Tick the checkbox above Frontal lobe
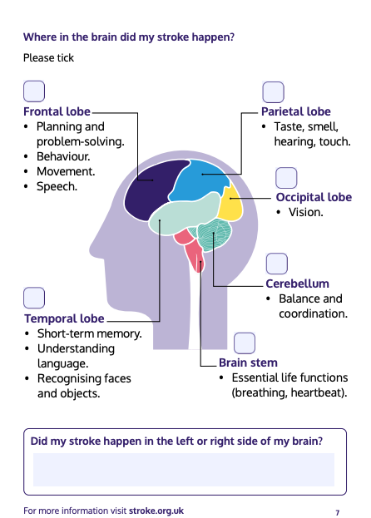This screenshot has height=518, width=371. pos(34,91)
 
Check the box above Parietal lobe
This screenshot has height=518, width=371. pos(273,92)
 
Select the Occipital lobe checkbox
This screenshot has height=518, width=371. pos(286,178)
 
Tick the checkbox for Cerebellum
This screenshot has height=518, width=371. pos(277,264)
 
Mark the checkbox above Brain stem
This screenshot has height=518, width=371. pos(245,343)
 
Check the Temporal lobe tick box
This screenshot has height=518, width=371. pos(34,298)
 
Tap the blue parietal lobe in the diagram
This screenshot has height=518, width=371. pos(198,180)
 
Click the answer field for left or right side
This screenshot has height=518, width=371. pos(184,470)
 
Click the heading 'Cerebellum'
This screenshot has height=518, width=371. pos(297,284)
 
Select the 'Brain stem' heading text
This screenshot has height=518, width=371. pos(248,363)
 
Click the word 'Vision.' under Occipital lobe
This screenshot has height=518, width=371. pos(306,212)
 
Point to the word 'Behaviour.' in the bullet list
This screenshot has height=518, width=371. pos(63,156)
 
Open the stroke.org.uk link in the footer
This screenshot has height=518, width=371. pos(156,511)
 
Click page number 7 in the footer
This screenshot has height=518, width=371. pos(337,513)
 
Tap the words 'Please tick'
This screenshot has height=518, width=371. pos(48,58)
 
